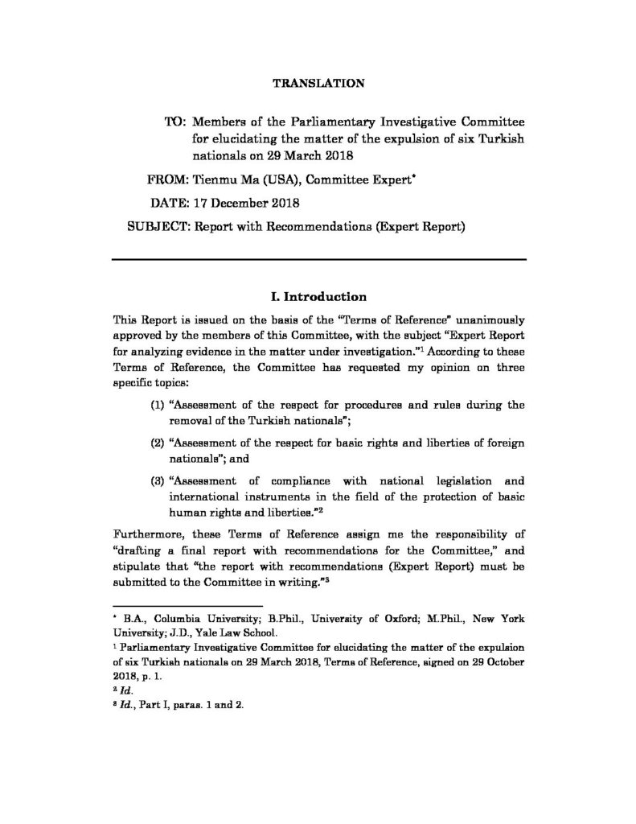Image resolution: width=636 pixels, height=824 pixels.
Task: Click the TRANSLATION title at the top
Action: pyautogui.click(x=319, y=83)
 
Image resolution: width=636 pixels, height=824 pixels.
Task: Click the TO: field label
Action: pyautogui.click(x=175, y=121)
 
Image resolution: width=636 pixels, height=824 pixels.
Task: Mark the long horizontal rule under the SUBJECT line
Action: pyautogui.click(x=319, y=259)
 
